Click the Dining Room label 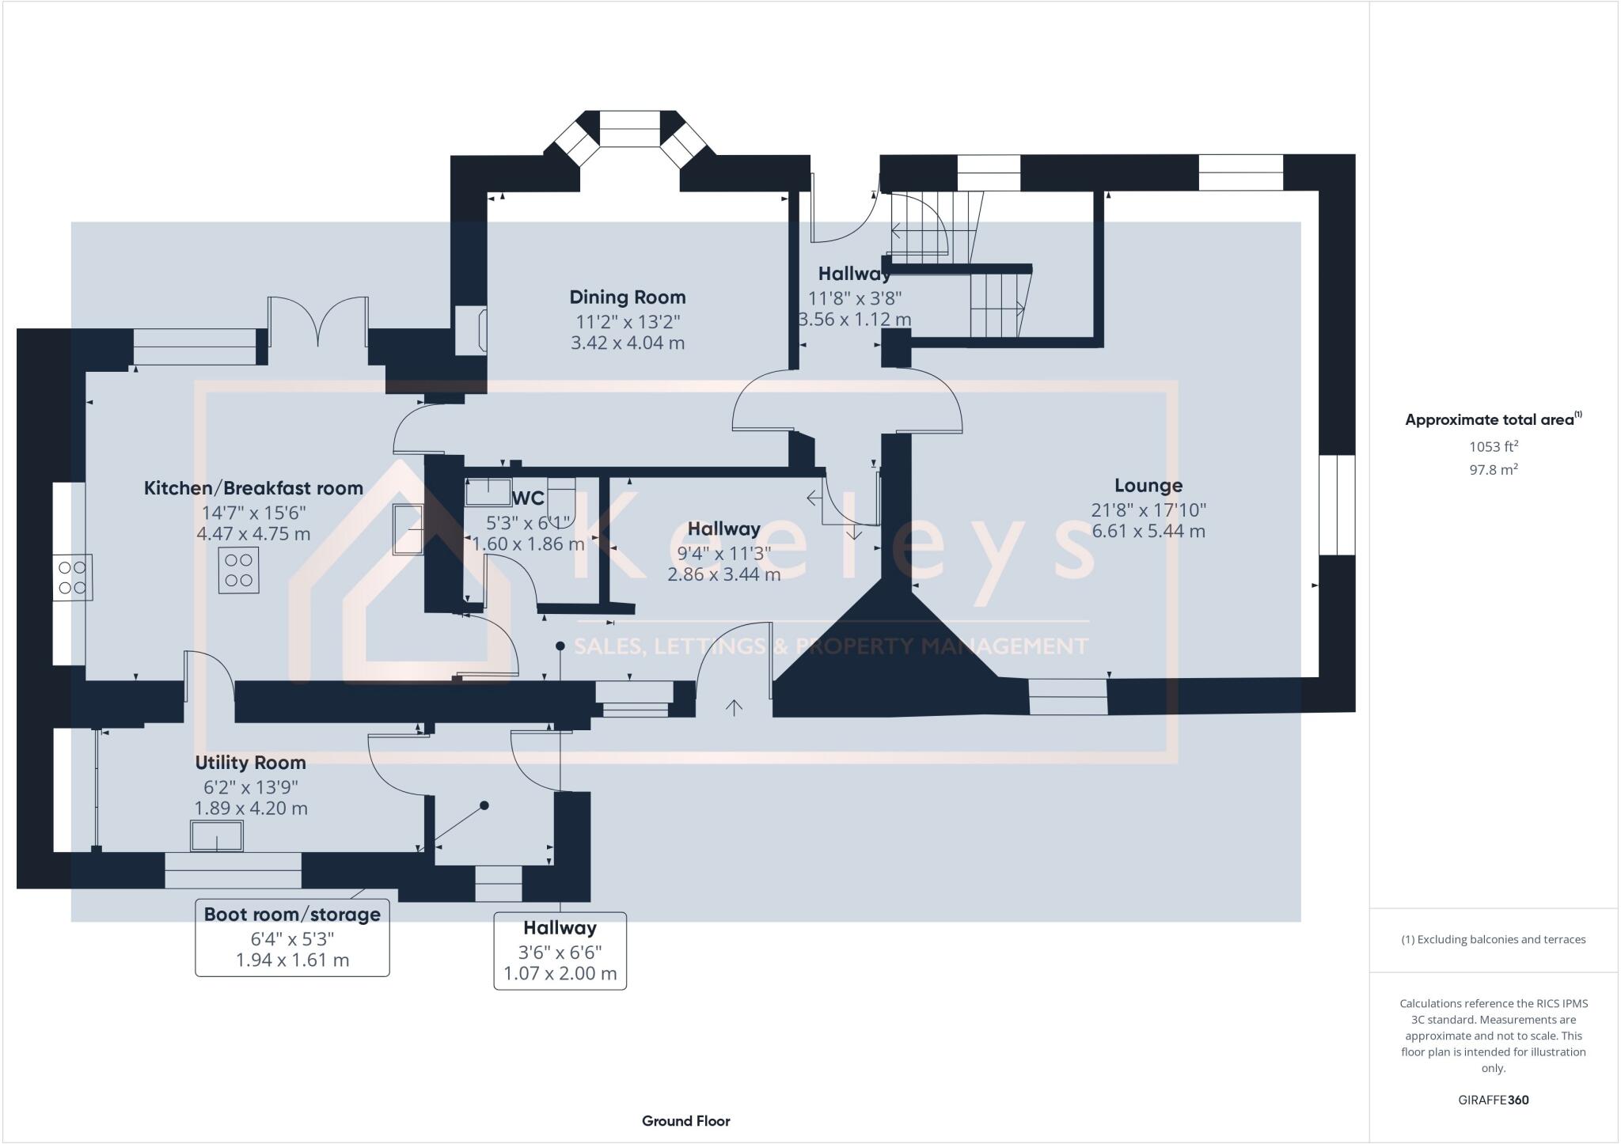[628, 297]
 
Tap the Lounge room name [1148, 486]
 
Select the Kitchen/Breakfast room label [253, 488]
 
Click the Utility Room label [250, 763]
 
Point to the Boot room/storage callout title [292, 915]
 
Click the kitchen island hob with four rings [238, 570]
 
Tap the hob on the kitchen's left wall [72, 578]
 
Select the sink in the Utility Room [216, 836]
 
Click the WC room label [529, 498]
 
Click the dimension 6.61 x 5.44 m [1148, 531]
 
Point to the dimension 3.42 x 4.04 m [628, 343]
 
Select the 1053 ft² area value [1494, 446]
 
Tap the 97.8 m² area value [1494, 469]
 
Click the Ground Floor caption [685, 1121]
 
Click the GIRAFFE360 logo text [1493, 1100]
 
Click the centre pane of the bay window [629, 129]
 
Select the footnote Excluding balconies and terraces [1493, 940]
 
